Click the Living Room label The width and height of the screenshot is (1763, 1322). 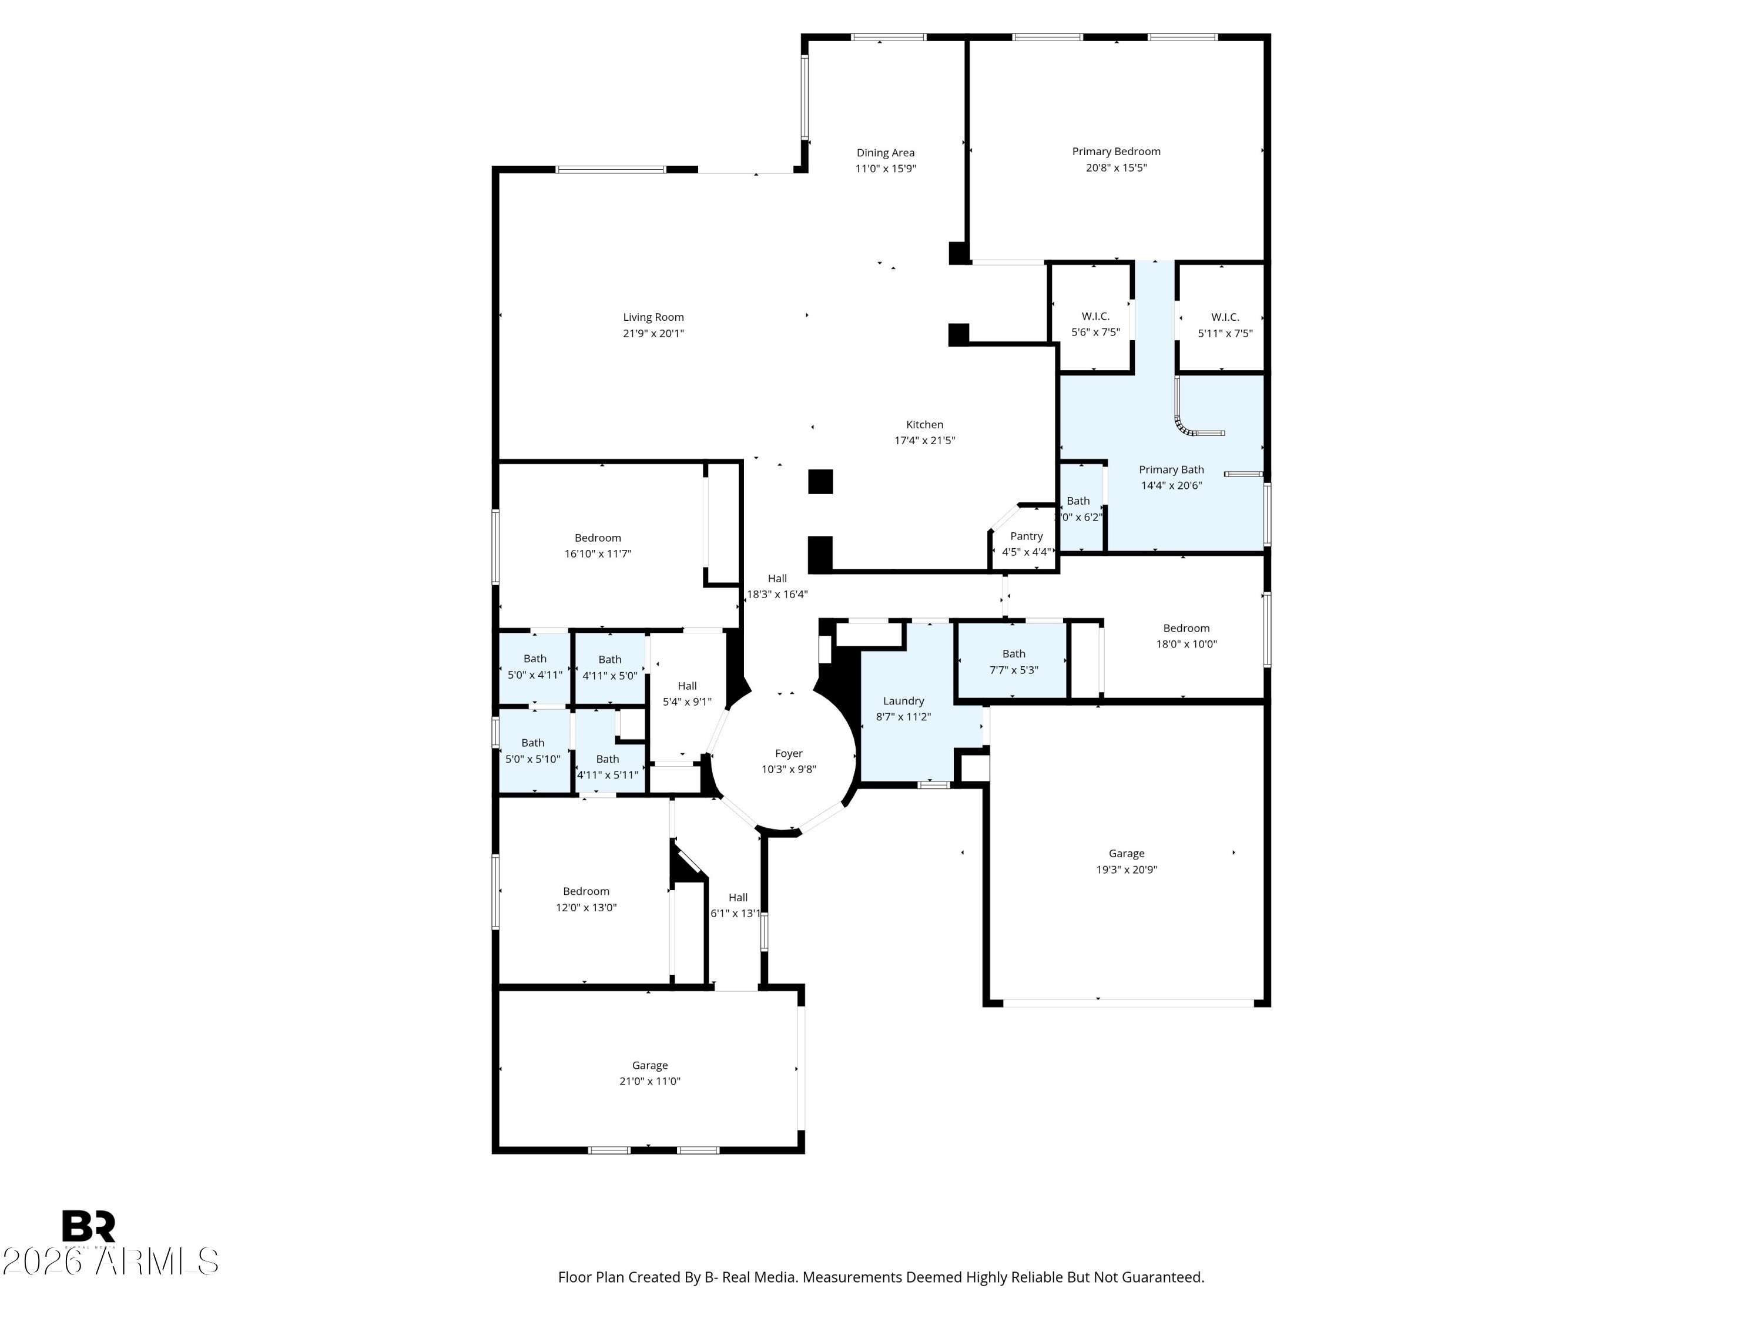(x=653, y=317)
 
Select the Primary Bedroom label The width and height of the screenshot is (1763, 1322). (x=1116, y=152)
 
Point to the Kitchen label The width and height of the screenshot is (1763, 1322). (x=924, y=425)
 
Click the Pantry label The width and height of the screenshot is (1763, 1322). (x=1027, y=536)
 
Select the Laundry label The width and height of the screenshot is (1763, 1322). (x=903, y=701)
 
